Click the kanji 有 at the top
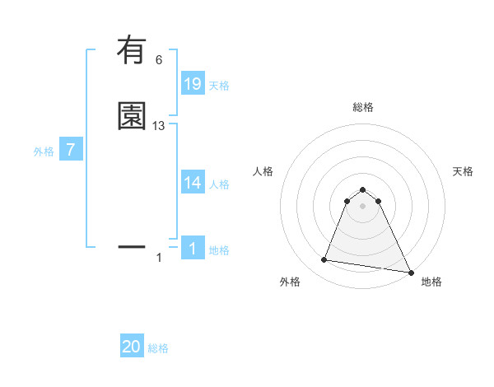tap(132, 53)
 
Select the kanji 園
tap(132, 116)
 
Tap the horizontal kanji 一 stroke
tap(132, 246)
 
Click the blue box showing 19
tap(192, 84)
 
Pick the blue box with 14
tap(192, 183)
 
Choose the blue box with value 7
tap(71, 150)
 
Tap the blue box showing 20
tap(132, 347)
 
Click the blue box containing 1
tap(192, 249)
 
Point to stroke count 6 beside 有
tap(159, 60)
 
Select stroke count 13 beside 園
tap(159, 126)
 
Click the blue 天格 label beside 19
tap(219, 86)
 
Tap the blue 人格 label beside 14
tap(219, 184)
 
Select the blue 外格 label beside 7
tap(43, 152)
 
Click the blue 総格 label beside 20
tap(158, 348)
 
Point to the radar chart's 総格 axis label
tap(362, 107)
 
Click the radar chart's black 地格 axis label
tap(431, 282)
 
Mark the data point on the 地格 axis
tap(411, 272)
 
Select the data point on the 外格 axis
tap(324, 260)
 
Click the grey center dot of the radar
tap(362, 206)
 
